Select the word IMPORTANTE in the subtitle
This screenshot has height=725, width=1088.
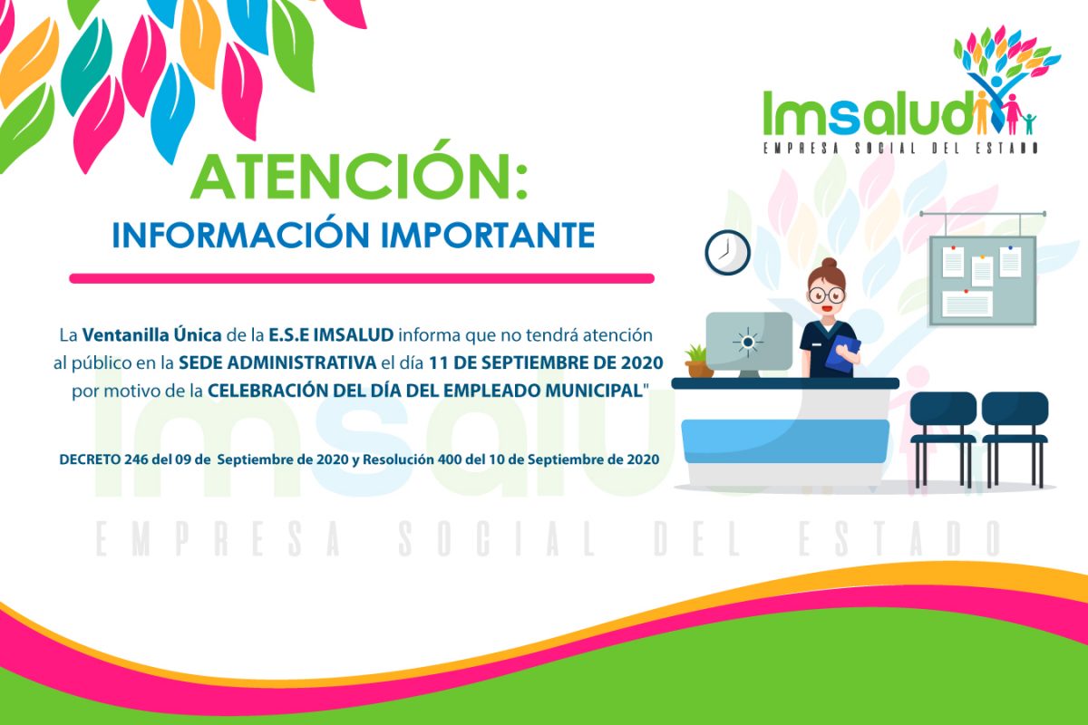click(x=488, y=236)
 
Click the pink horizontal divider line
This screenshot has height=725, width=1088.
click(x=362, y=278)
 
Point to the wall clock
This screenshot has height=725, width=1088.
click(x=727, y=253)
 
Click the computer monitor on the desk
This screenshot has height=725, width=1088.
click(x=749, y=343)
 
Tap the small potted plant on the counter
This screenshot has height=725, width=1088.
click(x=698, y=361)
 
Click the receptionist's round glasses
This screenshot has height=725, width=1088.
click(x=826, y=295)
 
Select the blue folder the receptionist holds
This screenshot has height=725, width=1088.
click(x=842, y=353)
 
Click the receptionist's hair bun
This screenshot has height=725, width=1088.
click(x=829, y=263)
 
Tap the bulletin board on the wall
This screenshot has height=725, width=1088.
click(x=982, y=281)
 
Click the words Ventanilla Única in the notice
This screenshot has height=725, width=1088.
click(x=151, y=334)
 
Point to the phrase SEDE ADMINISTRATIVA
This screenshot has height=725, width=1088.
click(x=277, y=362)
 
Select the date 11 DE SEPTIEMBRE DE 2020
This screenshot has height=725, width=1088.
click(x=546, y=362)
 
